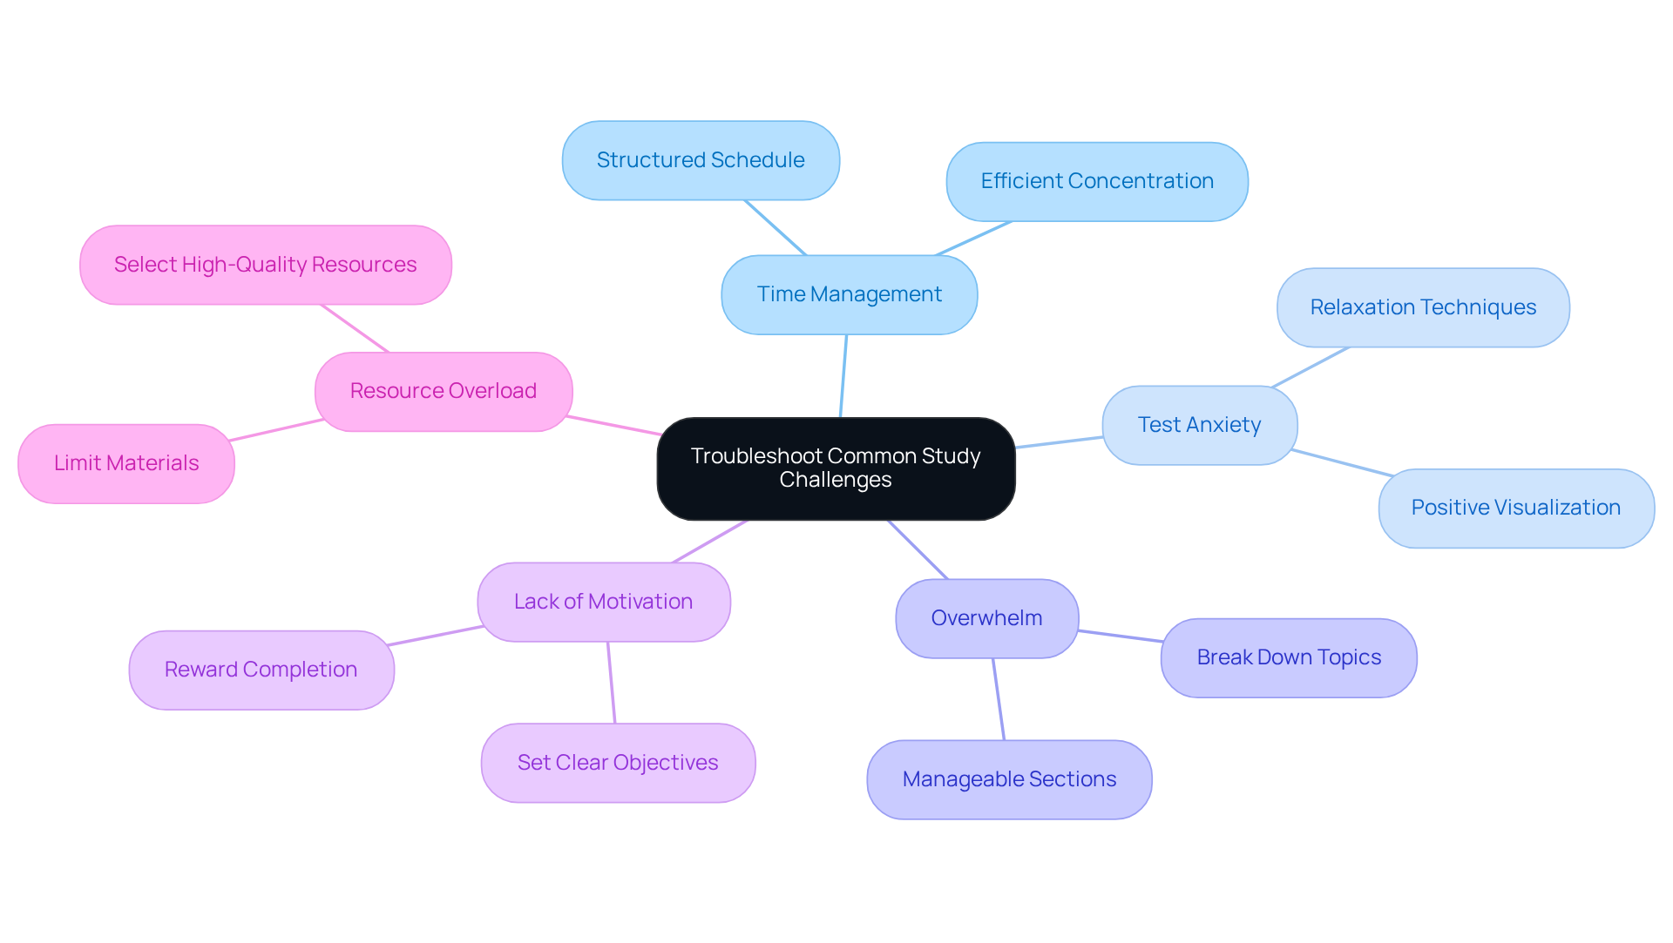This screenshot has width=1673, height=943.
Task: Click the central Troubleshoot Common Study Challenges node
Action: click(x=836, y=468)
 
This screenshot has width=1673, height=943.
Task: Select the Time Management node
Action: click(x=849, y=294)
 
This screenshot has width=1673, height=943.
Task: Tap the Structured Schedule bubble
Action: click(x=701, y=160)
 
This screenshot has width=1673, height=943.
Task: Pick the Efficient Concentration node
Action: click(x=1097, y=181)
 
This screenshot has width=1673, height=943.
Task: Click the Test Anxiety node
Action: click(x=1199, y=425)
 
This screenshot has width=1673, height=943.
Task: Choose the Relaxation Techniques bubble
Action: click(x=1423, y=307)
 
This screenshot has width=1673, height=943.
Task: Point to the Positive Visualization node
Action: click(x=1515, y=508)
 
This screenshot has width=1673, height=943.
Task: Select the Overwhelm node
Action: click(x=986, y=618)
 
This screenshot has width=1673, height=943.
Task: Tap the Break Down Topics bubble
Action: click(x=1289, y=657)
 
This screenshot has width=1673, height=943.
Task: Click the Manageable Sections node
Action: click(x=1009, y=779)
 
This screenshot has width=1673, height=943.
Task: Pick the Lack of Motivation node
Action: click(x=603, y=602)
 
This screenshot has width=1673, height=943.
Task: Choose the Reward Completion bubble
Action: click(x=261, y=670)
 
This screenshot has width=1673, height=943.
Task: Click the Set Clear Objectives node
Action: click(x=618, y=763)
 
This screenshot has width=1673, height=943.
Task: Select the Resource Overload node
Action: click(x=444, y=391)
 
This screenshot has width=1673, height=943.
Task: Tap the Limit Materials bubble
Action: click(x=126, y=463)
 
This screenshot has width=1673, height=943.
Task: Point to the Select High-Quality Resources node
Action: click(x=266, y=265)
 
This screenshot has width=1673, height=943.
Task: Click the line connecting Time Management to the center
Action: click(x=843, y=376)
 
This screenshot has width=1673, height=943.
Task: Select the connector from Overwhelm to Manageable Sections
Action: click(x=999, y=699)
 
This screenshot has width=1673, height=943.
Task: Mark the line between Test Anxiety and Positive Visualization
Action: click(x=1342, y=463)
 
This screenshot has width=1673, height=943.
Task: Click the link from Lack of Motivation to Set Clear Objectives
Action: click(x=612, y=683)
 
